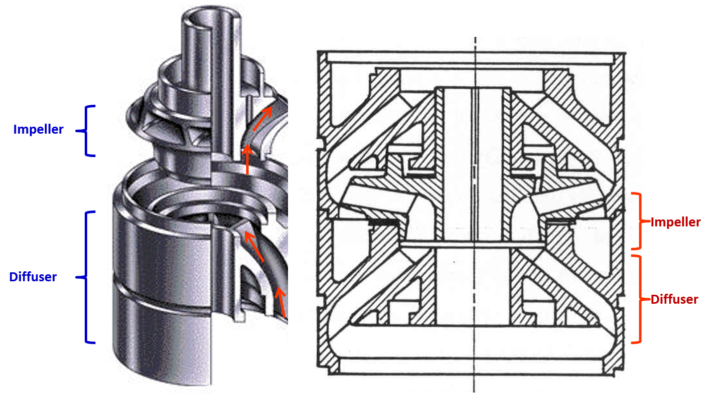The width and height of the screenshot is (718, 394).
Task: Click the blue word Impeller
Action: [x=38, y=130]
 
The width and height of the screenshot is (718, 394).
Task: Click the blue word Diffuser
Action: [x=33, y=277]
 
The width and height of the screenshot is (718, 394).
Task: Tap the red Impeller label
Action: [x=675, y=222]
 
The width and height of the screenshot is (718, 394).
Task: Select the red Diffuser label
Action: [x=674, y=299]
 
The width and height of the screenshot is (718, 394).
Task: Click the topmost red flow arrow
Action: [x=262, y=119]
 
